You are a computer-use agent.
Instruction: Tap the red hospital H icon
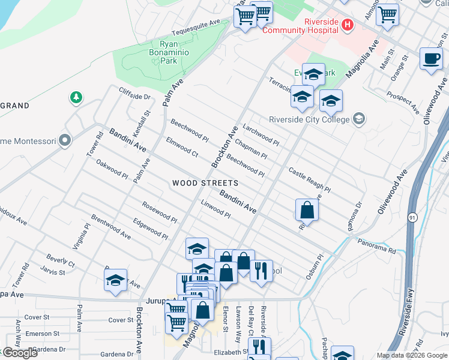point(347,25)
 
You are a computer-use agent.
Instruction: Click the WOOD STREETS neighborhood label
point(205,183)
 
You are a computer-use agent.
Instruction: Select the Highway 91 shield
point(412,217)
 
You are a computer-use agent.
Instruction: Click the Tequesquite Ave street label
point(196,27)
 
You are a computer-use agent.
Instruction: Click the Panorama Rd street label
point(377,246)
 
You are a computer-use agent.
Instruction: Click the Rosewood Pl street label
point(159,212)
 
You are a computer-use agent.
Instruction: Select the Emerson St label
point(43,333)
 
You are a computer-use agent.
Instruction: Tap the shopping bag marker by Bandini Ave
point(307,210)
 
